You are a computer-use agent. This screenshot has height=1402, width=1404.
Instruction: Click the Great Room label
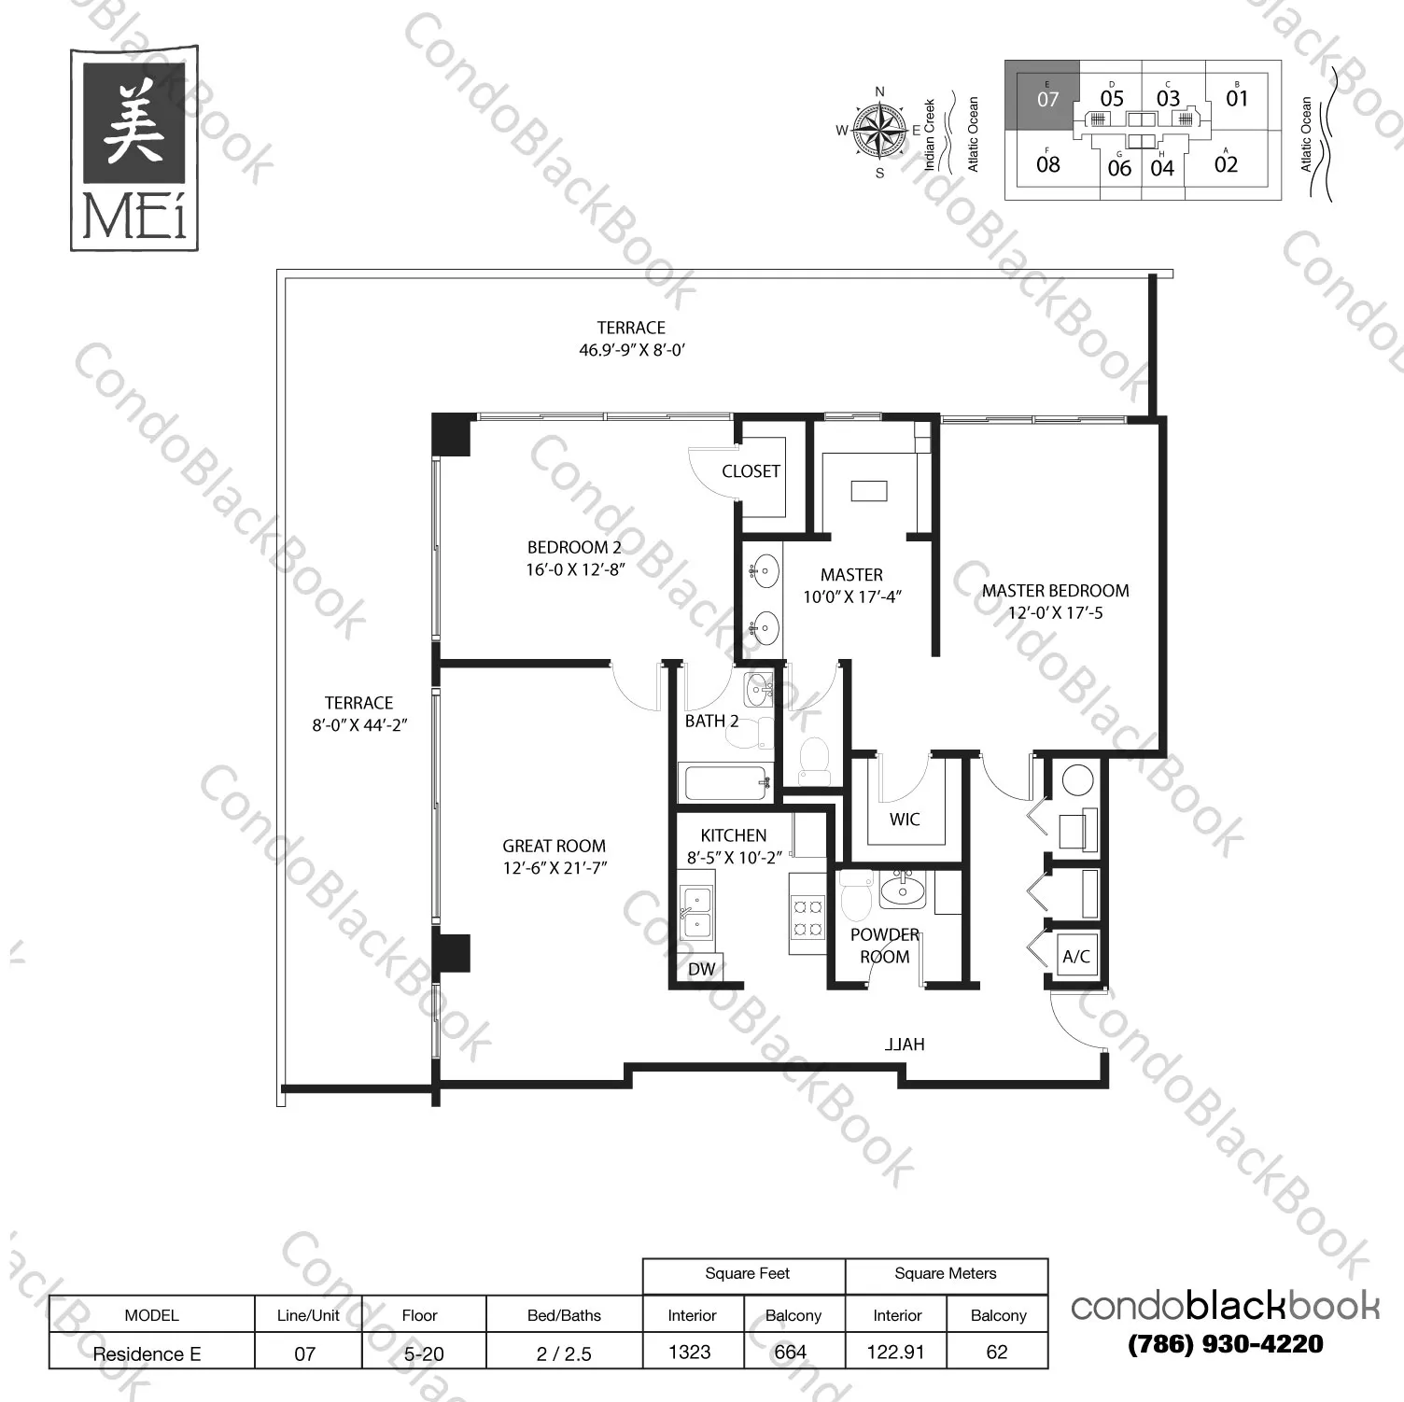click(555, 846)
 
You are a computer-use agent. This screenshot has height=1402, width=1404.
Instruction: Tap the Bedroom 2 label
click(574, 548)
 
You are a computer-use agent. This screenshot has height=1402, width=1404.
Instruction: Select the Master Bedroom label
click(1055, 591)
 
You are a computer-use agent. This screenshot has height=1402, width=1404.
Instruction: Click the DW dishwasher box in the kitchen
click(702, 969)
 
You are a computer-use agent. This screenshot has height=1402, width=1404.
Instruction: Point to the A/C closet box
click(1076, 956)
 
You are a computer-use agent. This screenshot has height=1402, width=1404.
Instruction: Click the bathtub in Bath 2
click(726, 782)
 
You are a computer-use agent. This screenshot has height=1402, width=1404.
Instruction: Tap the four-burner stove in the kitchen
click(807, 916)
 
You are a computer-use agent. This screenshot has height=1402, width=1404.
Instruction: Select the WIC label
click(905, 820)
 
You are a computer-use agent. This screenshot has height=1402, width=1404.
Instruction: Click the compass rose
click(879, 130)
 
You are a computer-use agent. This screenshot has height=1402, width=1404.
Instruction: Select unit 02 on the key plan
click(1226, 165)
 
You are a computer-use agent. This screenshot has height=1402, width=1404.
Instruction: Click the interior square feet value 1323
click(690, 1353)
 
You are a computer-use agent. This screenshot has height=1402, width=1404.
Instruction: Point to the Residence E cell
click(147, 1353)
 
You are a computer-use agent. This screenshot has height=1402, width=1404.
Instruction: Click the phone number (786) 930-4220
click(1225, 1344)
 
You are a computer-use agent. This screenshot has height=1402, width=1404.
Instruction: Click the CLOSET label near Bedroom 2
click(751, 471)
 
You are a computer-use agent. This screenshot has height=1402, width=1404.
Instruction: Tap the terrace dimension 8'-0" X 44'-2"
click(359, 725)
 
